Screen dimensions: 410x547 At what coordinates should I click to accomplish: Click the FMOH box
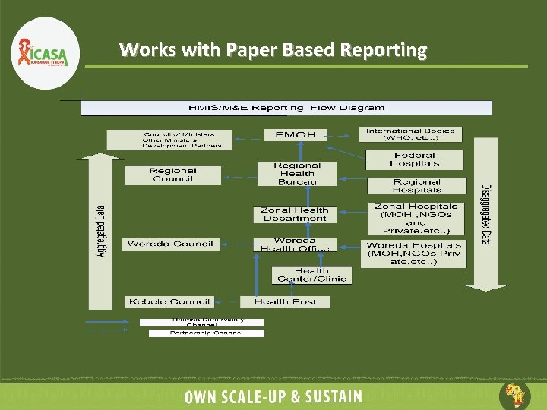[x=295, y=135]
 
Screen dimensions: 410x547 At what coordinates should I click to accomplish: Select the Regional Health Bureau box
[x=297, y=174]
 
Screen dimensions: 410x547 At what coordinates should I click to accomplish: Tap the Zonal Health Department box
[x=295, y=214]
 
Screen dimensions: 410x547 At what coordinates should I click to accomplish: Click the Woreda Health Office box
[x=295, y=245]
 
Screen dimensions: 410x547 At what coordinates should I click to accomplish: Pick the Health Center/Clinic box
[x=311, y=274]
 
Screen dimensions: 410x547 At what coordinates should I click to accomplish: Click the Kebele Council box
[x=169, y=301]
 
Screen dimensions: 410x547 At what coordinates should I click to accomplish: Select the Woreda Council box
[x=170, y=244]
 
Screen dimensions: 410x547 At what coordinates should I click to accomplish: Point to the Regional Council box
[x=172, y=175]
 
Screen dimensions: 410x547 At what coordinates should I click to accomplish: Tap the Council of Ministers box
[x=178, y=140]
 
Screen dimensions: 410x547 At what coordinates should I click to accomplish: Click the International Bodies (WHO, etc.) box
[x=411, y=134]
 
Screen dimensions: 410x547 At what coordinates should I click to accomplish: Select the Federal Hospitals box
[x=415, y=159]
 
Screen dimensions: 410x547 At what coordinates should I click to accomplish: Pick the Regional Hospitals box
[x=416, y=186]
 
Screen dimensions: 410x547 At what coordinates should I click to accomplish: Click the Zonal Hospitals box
[x=416, y=218]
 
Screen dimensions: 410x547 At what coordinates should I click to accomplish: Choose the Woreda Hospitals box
[x=414, y=253]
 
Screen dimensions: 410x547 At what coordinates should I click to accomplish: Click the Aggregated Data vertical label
[x=100, y=231]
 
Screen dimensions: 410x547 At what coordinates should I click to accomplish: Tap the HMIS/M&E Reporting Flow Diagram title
[x=286, y=108]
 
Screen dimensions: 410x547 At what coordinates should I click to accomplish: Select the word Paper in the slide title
[x=251, y=50]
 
